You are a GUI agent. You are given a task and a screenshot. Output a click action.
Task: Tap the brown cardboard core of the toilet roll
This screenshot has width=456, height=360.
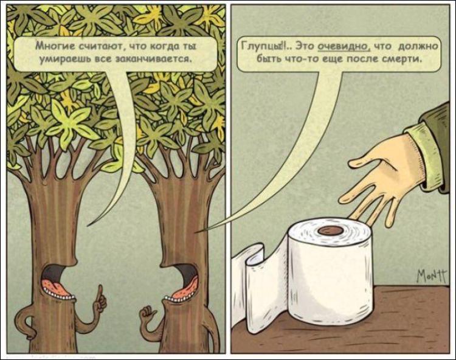point(330,231)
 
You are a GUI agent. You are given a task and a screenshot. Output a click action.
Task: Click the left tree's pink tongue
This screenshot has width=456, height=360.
point(56,286)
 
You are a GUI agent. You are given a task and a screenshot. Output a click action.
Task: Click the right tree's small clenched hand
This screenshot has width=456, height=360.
point(148,316)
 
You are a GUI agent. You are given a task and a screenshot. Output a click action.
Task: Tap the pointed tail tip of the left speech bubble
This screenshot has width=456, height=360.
point(88,226)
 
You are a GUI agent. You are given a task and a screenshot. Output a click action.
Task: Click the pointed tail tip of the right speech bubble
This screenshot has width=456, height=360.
point(195,232)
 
